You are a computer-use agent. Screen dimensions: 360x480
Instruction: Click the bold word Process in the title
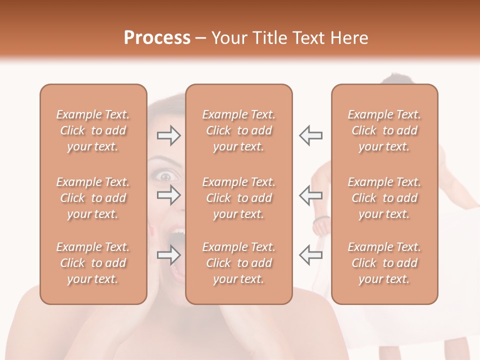[x=157, y=38]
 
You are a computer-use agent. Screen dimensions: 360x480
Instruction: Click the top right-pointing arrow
[x=168, y=135]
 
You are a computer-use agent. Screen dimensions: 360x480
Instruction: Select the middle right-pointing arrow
[x=168, y=195]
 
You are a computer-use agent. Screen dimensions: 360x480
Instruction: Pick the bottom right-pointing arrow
[x=168, y=255]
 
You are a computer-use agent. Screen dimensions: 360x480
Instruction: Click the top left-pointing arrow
[x=310, y=135]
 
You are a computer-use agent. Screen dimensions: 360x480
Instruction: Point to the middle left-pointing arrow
[x=310, y=195]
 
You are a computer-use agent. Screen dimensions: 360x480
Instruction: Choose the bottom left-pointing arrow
[x=310, y=255]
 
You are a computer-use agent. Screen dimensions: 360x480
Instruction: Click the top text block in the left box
[x=93, y=130]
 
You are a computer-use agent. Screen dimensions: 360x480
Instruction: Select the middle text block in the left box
[x=93, y=198]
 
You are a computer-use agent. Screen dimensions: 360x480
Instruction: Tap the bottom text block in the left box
[x=93, y=263]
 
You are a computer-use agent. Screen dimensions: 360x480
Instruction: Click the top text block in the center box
[x=239, y=130]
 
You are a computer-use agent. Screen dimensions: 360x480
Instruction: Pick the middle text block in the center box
[x=239, y=198]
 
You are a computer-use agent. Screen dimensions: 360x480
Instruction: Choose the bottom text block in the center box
[x=239, y=263]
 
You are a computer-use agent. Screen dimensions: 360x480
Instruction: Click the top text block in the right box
[x=384, y=130]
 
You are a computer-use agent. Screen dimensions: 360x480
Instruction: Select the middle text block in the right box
[x=384, y=198]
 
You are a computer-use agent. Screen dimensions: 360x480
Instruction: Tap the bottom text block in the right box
[x=384, y=263]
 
